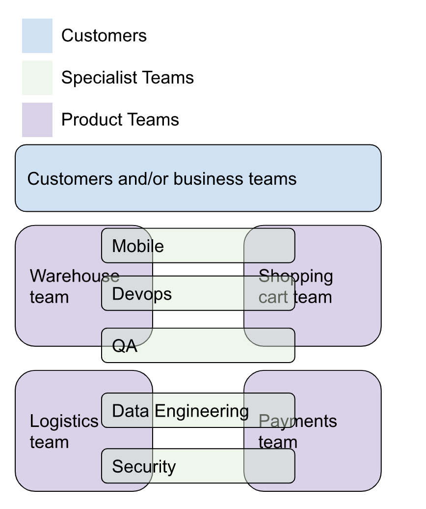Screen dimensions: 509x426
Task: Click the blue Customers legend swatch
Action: click(x=37, y=36)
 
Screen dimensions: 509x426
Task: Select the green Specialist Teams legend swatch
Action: click(x=37, y=78)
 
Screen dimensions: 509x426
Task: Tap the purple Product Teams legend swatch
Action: click(x=37, y=120)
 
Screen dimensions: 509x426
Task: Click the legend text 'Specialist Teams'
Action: click(x=127, y=78)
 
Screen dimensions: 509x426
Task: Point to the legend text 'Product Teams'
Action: click(x=120, y=120)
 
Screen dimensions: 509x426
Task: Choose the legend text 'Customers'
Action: click(x=104, y=36)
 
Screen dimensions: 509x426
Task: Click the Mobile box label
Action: click(x=137, y=246)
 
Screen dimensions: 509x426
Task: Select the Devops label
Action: click(x=142, y=294)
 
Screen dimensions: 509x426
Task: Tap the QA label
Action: click(x=125, y=346)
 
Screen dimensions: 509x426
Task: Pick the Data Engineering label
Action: click(x=180, y=411)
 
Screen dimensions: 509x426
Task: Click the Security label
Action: click(x=143, y=466)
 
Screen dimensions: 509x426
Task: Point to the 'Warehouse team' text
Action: click(x=74, y=286)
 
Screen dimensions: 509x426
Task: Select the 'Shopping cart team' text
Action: click(x=295, y=286)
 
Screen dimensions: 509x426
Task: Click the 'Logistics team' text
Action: click(x=64, y=431)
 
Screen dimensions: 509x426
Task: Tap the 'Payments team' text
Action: click(x=297, y=431)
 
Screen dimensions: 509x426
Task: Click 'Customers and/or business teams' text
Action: click(x=162, y=179)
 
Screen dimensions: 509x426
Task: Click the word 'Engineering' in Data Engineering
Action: click(x=201, y=411)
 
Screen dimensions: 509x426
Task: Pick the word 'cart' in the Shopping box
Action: click(x=273, y=297)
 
